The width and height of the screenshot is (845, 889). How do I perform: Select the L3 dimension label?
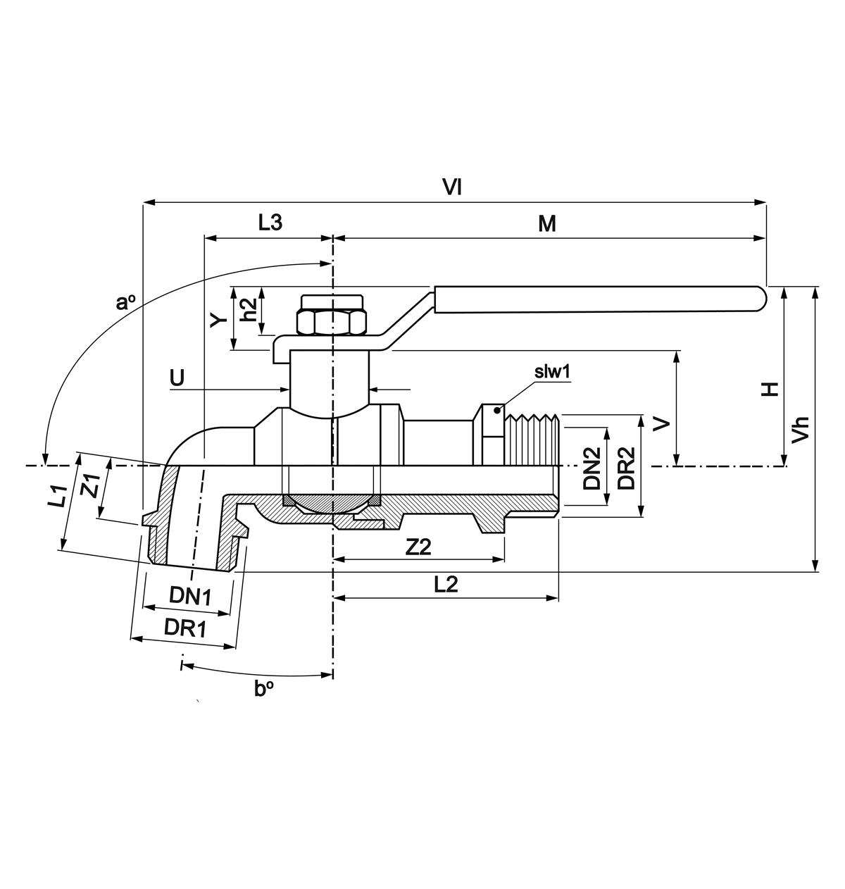click(x=269, y=223)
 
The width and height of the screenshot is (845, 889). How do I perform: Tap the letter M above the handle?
click(x=546, y=224)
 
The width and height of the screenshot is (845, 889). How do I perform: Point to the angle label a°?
click(x=125, y=303)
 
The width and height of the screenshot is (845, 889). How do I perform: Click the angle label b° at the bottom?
click(x=263, y=689)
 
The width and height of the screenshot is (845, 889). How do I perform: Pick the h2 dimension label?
click(x=247, y=310)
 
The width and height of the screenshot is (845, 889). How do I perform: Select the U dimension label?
click(x=177, y=378)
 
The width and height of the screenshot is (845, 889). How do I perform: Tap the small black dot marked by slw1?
click(x=496, y=410)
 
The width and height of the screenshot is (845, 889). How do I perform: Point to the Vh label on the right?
click(x=801, y=430)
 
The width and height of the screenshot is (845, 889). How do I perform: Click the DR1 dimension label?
click(x=184, y=627)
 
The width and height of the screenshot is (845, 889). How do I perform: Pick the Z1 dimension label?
click(x=89, y=487)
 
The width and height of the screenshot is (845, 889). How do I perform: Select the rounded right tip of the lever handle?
click(x=760, y=299)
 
